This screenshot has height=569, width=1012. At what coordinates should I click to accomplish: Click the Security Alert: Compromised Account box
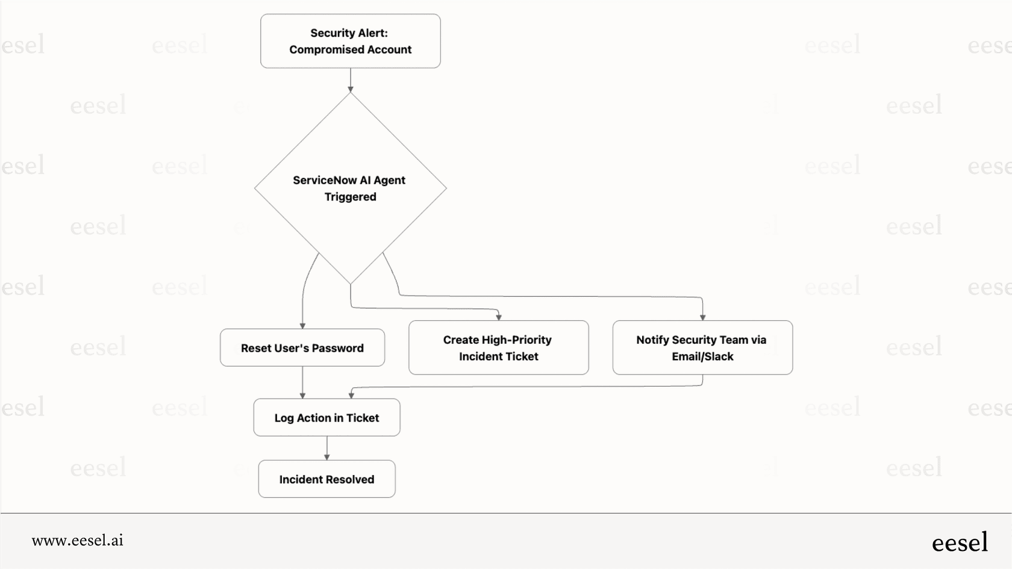point(350,41)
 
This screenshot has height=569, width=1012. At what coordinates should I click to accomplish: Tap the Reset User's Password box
point(302,347)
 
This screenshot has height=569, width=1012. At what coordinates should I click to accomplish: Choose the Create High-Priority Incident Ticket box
point(498,347)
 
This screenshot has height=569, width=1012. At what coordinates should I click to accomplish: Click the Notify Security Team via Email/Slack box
point(702,347)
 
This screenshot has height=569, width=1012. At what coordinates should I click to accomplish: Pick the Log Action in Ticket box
point(326,417)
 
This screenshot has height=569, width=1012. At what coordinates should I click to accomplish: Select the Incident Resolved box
point(326,479)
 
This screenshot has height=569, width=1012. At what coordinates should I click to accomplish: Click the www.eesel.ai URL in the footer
point(77,540)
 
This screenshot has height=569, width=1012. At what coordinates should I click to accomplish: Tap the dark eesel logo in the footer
point(960,543)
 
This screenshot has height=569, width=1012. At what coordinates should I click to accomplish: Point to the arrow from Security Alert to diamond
point(350,79)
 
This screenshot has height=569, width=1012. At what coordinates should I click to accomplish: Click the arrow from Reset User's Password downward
point(302,382)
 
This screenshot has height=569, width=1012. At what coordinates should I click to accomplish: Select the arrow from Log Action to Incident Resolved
point(326,448)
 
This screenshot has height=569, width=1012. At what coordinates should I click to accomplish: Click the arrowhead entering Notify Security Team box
point(702,317)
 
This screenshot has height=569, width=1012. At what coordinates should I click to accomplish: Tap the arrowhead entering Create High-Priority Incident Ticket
point(499,317)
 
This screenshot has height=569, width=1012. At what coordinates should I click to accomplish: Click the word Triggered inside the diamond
point(350,197)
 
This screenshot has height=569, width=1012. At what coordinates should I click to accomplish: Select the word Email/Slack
point(702,356)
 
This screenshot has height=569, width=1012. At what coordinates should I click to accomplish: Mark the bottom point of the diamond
point(350,284)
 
